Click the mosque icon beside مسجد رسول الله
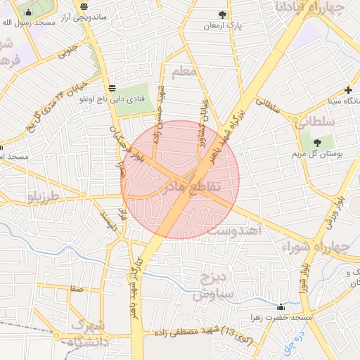[28, 13]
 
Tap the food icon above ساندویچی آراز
[84, 7]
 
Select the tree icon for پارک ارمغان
[223, 15]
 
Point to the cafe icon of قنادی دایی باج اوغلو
[112, 88]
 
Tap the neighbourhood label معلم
[187, 72]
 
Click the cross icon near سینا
[349, 90]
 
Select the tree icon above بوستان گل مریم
[328, 141]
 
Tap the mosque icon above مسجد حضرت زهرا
[281, 307]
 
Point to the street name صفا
[76, 288]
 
